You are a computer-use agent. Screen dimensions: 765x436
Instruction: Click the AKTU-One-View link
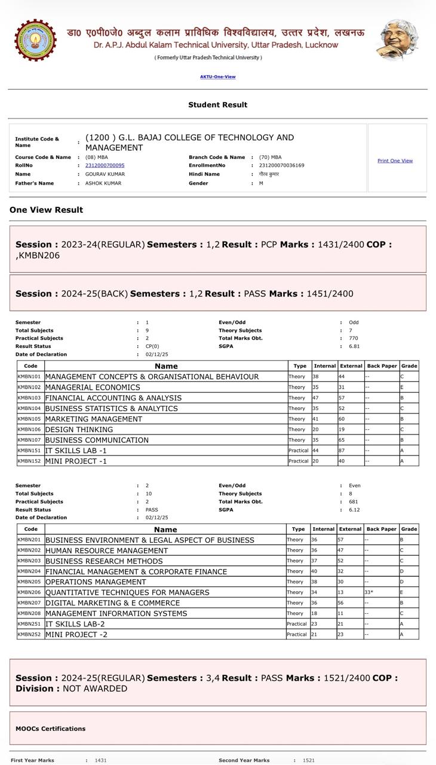217,76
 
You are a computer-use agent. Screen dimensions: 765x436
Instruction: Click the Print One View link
395,161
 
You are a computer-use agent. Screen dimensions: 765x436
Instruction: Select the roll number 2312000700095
105,166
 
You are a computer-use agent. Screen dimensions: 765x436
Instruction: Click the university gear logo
35,40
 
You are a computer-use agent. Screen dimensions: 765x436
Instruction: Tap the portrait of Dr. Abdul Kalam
397,39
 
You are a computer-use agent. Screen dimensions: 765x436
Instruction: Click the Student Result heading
217,105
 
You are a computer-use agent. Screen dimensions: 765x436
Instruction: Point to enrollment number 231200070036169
281,166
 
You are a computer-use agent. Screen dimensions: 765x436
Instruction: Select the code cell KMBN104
29,408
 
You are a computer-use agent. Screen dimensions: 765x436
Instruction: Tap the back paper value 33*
369,592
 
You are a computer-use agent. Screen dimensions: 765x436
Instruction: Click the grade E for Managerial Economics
403,387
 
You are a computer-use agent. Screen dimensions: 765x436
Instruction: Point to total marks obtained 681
354,502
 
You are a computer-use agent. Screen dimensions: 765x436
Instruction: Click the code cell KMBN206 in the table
29,592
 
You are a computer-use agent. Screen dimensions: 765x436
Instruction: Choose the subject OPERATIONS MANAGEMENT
96,582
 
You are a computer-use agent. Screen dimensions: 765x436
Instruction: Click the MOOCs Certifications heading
51,729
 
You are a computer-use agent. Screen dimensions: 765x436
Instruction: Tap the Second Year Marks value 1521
309,761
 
